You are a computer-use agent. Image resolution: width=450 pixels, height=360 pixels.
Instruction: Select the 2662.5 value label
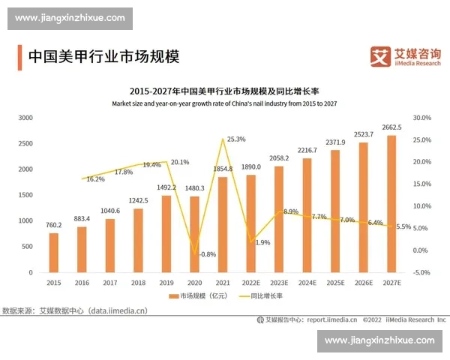pyautogui.click(x=391, y=127)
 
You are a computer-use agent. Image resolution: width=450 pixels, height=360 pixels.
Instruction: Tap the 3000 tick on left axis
pyautogui.click(x=25, y=118)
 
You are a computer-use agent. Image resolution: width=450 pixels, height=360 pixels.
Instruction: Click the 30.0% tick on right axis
pyautogui.click(x=421, y=118)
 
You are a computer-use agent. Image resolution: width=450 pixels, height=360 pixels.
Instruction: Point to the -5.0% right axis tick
pyautogui.click(x=421, y=272)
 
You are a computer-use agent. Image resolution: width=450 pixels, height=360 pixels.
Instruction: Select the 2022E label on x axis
pyautogui.click(x=250, y=283)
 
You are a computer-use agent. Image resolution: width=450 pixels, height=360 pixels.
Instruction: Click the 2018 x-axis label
pyautogui.click(x=138, y=283)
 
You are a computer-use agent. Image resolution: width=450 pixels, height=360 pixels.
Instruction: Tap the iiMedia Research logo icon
pyautogui.click(x=381, y=56)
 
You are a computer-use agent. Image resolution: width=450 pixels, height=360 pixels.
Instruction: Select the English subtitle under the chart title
pyautogui.click(x=225, y=102)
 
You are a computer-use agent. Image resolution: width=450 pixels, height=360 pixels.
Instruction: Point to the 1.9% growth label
pyautogui.click(x=262, y=242)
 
